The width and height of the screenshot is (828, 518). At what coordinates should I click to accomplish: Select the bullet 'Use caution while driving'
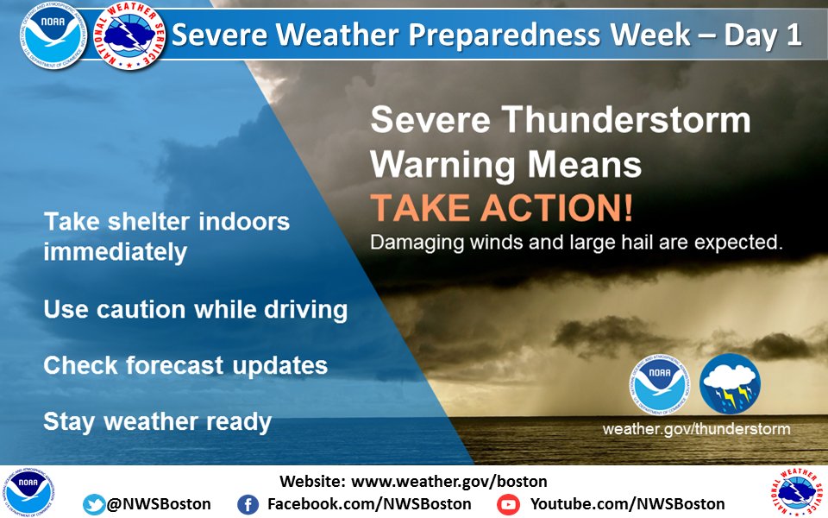point(196,309)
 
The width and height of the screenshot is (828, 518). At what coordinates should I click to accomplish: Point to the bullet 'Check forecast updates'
point(185,365)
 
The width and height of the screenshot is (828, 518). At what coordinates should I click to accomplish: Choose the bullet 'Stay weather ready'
point(158,421)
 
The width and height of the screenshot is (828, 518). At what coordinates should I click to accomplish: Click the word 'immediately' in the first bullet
point(116,251)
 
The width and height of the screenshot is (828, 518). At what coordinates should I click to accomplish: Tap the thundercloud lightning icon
point(730,384)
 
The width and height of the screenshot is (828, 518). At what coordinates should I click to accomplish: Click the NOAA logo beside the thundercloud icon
point(661,384)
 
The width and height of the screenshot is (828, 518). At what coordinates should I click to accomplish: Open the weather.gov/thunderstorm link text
point(696,428)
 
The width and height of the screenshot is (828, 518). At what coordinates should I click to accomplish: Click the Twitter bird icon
point(94,504)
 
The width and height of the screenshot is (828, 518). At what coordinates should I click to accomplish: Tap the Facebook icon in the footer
point(248,504)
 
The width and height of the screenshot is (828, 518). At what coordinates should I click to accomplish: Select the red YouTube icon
point(508,504)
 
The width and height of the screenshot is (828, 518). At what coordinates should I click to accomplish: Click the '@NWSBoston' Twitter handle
point(159,504)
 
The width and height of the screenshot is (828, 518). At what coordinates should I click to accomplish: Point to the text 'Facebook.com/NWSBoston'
point(369,504)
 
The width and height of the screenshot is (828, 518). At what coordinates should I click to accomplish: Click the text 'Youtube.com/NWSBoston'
point(627,504)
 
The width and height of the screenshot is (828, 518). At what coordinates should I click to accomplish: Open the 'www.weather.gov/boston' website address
point(449,481)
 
